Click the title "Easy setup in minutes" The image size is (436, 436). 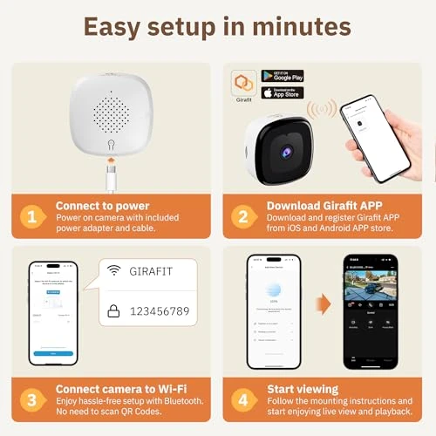pyautogui.click(x=218, y=25)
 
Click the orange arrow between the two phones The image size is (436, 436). pyautogui.click(x=323, y=304)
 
